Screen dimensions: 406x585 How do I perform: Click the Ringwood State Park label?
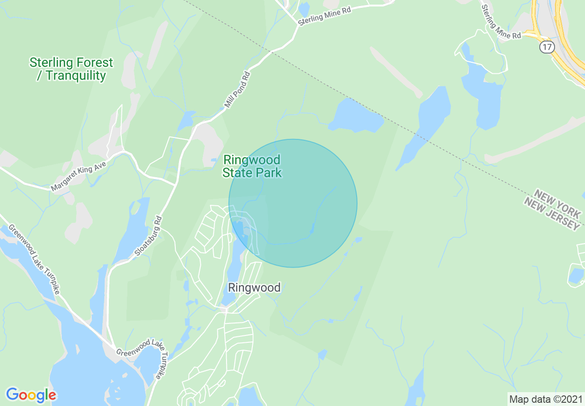point(251,167)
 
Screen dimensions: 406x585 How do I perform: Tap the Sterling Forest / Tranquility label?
point(71,69)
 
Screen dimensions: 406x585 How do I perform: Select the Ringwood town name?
point(254,288)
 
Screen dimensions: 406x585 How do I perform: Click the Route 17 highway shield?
point(547,47)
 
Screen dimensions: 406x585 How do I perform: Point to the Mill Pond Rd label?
point(237,90)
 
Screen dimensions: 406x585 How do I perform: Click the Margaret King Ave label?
point(78,177)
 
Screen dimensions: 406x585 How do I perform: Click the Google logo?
point(31,395)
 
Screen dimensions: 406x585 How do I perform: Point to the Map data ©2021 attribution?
point(545,399)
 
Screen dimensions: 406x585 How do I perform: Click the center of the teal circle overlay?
point(293,203)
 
